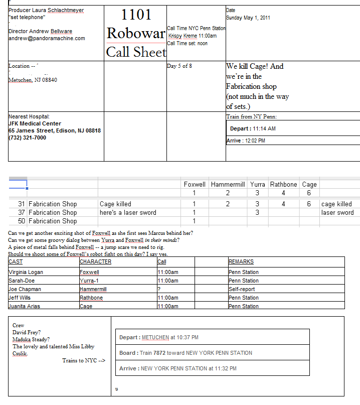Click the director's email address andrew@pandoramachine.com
pyautogui.click(x=47, y=38)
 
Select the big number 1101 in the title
pyautogui.click(x=136, y=15)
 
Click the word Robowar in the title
pyautogui.click(x=136, y=34)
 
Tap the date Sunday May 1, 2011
pyautogui.click(x=248, y=18)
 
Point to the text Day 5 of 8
pyautogui.click(x=179, y=66)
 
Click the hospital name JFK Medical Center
pyautogui.click(x=35, y=123)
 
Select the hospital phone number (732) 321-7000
pyautogui.click(x=27, y=138)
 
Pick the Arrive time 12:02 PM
pyautogui.click(x=254, y=141)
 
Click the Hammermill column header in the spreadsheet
pyautogui.click(x=228, y=184)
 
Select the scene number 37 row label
pyautogui.click(x=21, y=212)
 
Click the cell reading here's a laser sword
pyautogui.click(x=128, y=212)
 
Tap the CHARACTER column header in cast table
pyautogui.click(x=95, y=261)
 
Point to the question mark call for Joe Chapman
pyautogui.click(x=159, y=289)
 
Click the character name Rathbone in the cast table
pyautogui.click(x=91, y=298)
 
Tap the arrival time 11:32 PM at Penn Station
pyautogui.click(x=223, y=368)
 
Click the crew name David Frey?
pyautogui.click(x=27, y=332)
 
